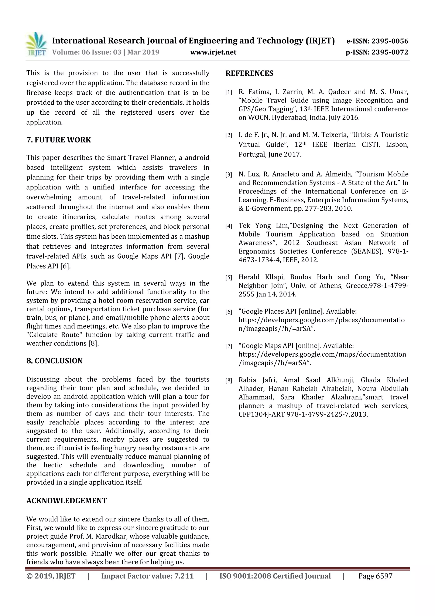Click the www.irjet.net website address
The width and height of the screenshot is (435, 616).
(213, 52)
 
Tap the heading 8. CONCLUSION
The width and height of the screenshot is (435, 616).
(54, 361)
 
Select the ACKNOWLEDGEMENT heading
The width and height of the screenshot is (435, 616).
(66, 501)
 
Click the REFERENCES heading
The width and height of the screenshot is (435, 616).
(249, 73)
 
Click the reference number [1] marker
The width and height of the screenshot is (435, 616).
(229, 92)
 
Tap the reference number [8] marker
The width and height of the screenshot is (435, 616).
(229, 380)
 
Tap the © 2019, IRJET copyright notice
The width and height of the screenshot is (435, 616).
(51, 576)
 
